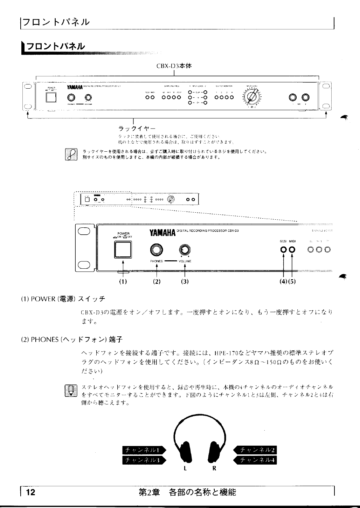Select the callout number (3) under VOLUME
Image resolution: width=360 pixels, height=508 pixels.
click(185, 281)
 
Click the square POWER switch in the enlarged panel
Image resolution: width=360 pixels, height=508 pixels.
click(123, 249)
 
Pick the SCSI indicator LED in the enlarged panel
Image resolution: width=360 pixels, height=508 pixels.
click(283, 250)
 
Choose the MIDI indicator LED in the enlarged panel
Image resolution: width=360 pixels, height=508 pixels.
click(292, 250)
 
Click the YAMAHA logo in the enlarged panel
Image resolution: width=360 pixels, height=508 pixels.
click(163, 232)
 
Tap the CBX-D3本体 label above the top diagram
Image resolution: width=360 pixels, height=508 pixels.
click(174, 66)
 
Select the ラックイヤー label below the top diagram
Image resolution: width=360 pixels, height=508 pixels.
click(132, 128)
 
